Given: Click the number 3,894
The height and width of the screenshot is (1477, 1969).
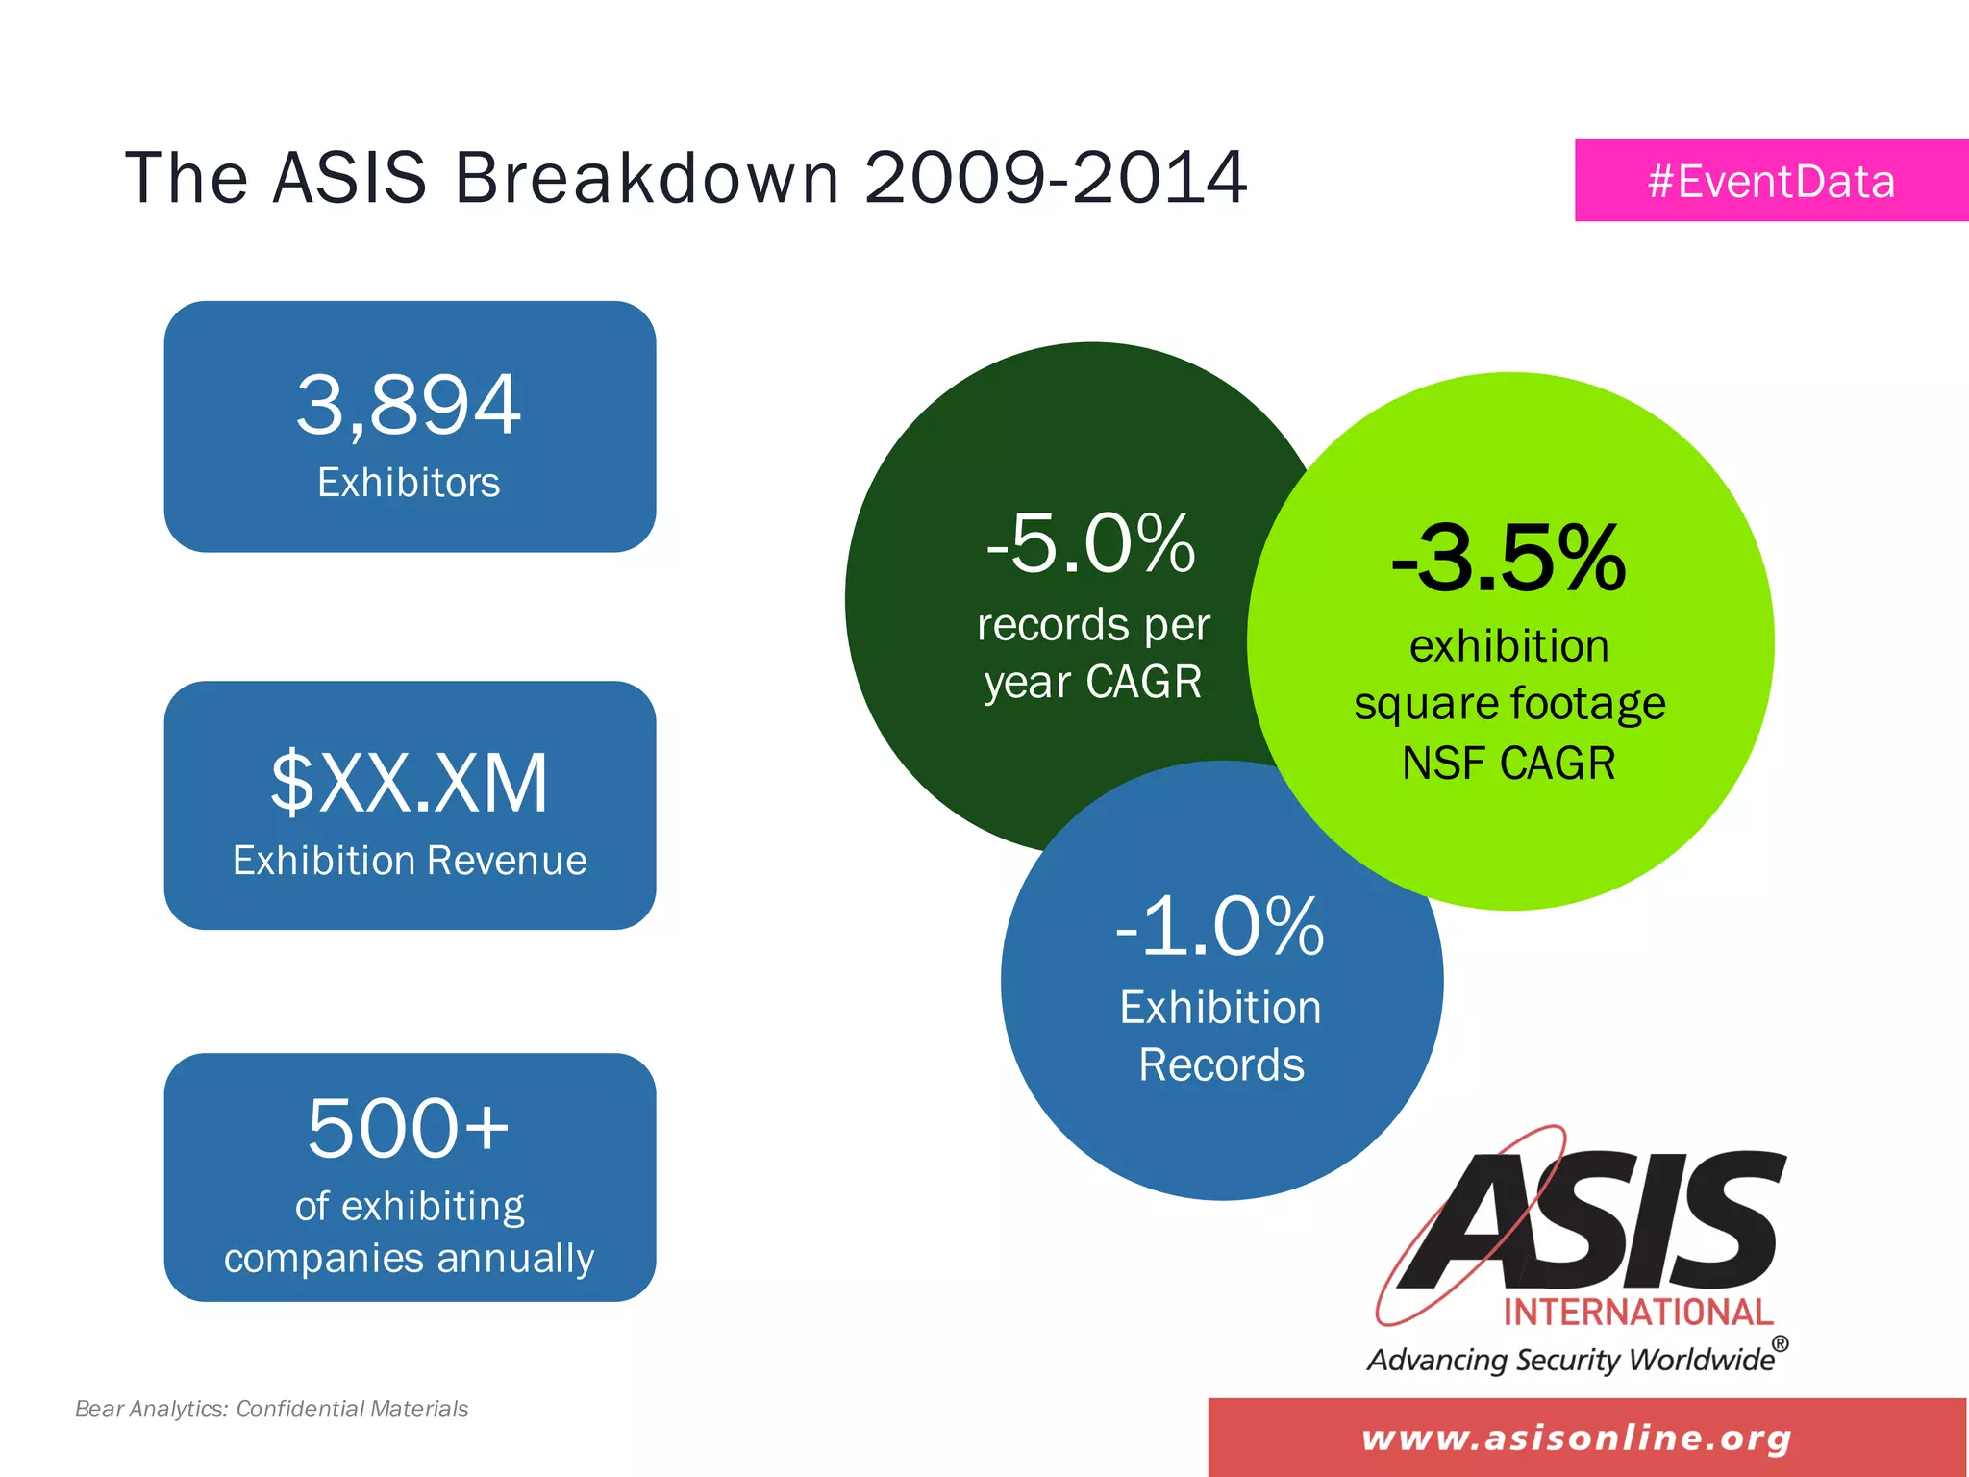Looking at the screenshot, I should point(409,405).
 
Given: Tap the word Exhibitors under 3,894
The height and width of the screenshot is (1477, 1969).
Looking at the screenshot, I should point(409,483).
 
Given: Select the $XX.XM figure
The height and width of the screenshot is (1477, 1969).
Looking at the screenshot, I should point(410,784).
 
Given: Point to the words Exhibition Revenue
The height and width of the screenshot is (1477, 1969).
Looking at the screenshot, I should point(410,861).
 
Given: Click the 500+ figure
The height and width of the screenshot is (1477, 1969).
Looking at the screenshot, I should point(409,1127).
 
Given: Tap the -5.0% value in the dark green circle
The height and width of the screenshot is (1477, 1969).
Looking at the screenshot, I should point(1091,544).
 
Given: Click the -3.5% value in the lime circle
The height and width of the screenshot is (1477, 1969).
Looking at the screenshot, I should point(1508,559).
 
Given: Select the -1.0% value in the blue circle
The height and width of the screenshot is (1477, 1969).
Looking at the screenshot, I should point(1220,927).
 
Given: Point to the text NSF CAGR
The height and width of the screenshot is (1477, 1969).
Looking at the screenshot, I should point(1508,764).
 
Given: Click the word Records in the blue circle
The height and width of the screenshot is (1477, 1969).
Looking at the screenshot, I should point(1221,1065).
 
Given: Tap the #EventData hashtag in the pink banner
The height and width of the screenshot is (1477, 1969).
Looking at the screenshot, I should point(1771,182).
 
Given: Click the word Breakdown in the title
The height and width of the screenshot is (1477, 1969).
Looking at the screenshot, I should point(647,178).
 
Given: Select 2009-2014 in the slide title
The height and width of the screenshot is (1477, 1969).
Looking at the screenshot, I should point(1056,178).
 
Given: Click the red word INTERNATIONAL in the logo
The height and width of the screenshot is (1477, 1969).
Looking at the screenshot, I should point(1638,1313).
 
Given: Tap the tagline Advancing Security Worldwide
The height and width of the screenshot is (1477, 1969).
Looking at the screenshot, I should point(1571,1360).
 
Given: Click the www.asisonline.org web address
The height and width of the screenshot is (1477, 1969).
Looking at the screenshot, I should point(1577,1439).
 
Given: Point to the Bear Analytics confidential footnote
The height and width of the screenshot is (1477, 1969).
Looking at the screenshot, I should point(271,1409).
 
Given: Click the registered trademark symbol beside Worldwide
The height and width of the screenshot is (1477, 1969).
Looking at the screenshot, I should point(1781,1343).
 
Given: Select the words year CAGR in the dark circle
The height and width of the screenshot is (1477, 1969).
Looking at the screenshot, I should point(1092,683).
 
